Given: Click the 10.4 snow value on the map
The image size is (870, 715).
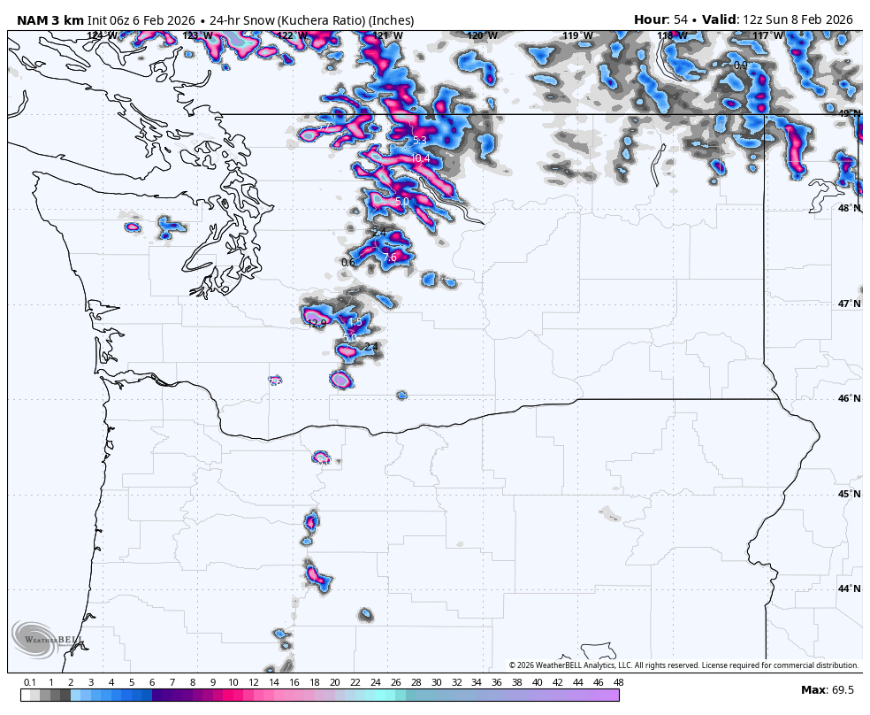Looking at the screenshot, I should [420, 159].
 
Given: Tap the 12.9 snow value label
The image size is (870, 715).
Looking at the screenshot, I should [317, 324].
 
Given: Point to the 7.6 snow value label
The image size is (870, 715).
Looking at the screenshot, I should [390, 258].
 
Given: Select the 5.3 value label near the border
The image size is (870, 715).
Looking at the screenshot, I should [419, 141].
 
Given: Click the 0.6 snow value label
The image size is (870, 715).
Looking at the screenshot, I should [347, 263].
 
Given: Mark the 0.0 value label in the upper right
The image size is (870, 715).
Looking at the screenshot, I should [740, 65].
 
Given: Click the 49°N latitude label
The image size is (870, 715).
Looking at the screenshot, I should [849, 113].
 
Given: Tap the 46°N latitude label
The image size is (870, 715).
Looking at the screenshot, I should [849, 399].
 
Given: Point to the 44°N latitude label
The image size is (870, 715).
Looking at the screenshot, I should [849, 588].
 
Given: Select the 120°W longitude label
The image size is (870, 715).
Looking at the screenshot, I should [482, 36].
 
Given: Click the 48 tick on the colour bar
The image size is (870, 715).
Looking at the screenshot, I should [618, 682].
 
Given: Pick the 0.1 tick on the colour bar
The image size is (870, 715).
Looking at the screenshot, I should [30, 682].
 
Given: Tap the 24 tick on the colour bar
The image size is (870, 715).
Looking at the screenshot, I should [375, 682].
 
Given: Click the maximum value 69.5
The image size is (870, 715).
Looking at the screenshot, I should [843, 690].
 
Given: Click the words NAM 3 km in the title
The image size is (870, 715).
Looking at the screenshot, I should [50, 20].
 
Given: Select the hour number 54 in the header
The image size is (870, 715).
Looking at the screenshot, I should [681, 19].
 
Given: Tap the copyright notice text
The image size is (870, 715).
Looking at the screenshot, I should [683, 665].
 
